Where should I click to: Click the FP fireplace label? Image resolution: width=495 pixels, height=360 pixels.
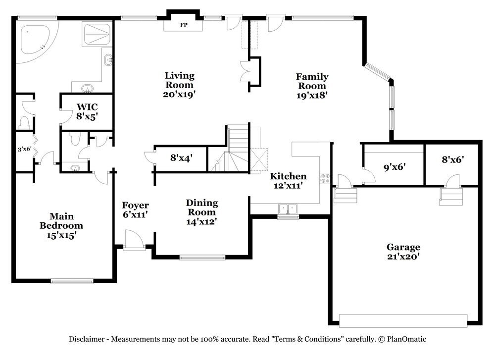click(184, 25)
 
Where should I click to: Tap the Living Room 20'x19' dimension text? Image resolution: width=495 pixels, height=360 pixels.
click(180, 94)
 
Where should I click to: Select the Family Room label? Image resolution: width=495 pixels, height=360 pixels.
click(312, 81)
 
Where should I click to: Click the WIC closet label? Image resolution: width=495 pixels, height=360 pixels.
click(87, 107)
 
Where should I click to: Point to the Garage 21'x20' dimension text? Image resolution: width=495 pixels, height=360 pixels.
click(403, 256)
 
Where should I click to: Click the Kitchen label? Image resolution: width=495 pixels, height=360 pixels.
click(288, 176)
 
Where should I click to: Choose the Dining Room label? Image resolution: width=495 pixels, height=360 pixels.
click(202, 207)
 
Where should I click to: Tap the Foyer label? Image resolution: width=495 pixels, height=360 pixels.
click(136, 206)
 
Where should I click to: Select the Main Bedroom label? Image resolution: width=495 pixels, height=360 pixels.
click(61, 221)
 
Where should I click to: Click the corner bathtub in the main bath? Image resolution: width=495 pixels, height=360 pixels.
click(35, 41)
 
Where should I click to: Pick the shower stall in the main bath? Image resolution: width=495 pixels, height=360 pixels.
click(97, 34)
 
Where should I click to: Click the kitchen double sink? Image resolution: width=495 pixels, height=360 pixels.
click(288, 209)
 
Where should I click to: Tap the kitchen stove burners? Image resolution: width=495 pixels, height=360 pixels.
click(325, 178)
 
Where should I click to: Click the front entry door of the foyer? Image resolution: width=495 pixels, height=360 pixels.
click(134, 240)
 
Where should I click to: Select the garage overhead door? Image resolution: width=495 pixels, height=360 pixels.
click(403, 320)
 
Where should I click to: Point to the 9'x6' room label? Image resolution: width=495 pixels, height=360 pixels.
click(395, 166)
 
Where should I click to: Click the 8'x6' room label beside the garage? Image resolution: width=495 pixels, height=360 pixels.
click(452, 159)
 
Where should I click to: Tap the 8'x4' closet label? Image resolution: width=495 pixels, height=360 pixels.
click(182, 157)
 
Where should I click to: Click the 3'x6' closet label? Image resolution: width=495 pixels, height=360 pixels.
click(25, 149)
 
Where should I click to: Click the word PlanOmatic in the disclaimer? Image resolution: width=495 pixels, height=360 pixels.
click(406, 339)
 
